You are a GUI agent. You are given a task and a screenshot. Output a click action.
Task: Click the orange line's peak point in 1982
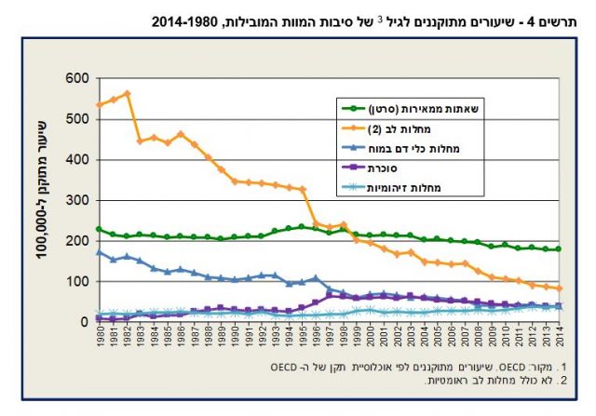[126, 93]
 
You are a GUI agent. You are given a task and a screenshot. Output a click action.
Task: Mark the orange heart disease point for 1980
[99, 104]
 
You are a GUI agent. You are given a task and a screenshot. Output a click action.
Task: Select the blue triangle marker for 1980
[99, 251]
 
